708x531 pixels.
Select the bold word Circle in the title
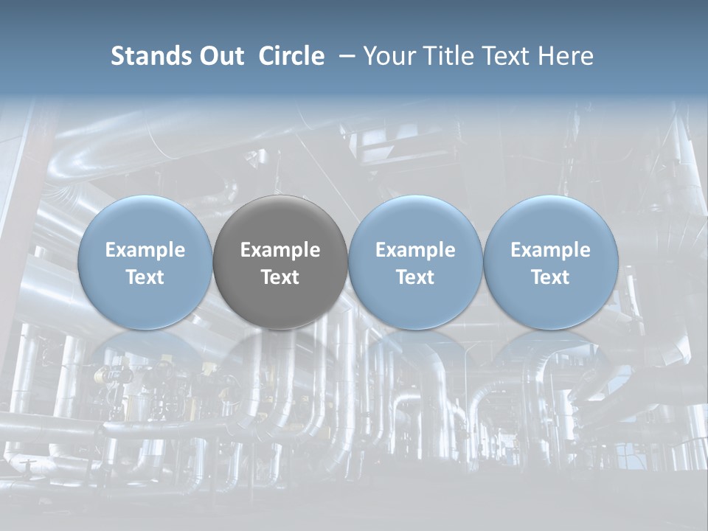[x=291, y=57]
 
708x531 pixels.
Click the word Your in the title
[x=387, y=57]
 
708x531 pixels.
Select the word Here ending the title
[x=566, y=57]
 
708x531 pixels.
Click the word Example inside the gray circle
[x=280, y=250]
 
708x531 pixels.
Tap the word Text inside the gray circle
[x=280, y=277]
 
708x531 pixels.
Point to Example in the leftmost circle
[x=145, y=250]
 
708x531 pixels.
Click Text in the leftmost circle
[x=145, y=277]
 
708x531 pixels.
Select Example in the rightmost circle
[x=551, y=250]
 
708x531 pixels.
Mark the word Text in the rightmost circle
[x=551, y=277]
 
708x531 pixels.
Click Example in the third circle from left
[x=415, y=250]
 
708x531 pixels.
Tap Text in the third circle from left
[x=415, y=277]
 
